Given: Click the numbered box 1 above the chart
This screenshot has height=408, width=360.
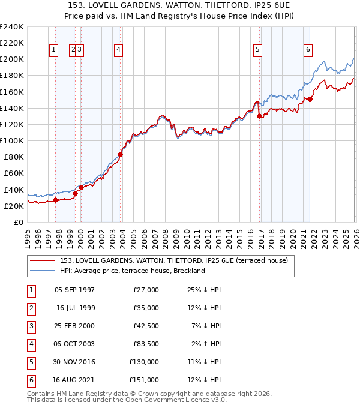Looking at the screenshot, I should [x=55, y=50].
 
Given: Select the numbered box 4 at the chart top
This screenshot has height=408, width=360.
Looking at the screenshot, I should [x=119, y=50].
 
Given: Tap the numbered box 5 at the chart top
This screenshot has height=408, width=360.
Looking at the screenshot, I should [x=257, y=50].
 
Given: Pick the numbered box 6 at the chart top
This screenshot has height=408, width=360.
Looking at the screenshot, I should [x=308, y=50].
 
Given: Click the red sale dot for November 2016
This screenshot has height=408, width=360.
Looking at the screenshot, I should [x=259, y=116].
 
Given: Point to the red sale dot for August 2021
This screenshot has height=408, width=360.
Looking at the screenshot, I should [x=310, y=100].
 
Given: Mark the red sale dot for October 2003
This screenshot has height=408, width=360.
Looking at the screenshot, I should [x=121, y=154].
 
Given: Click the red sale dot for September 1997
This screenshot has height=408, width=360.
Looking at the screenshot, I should [x=55, y=200].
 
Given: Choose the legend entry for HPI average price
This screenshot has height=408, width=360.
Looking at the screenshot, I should [x=132, y=271].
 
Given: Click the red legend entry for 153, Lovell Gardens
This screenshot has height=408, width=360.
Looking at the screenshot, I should [x=174, y=260].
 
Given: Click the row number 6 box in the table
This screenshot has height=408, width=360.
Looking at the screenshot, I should [x=30, y=380].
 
